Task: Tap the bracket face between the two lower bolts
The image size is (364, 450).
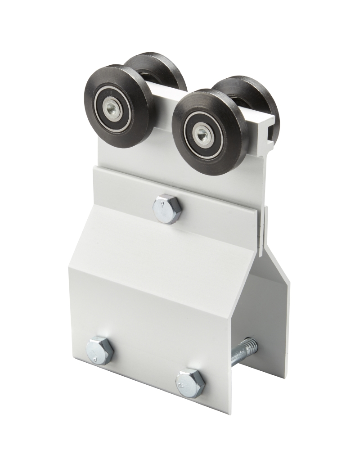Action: coord(144,355)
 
